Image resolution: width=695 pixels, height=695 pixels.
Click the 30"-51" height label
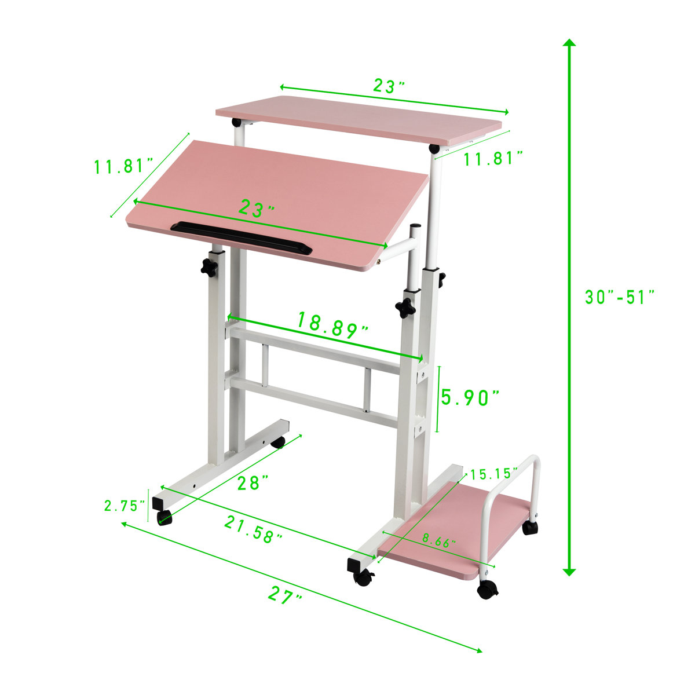[619, 297]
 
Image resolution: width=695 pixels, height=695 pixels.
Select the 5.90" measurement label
[470, 398]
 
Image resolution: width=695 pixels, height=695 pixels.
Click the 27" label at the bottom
[285, 595]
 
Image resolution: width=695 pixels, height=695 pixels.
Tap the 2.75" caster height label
[124, 506]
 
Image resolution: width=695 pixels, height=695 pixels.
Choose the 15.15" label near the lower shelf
[493, 474]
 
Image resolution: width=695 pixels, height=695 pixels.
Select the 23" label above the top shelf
[388, 86]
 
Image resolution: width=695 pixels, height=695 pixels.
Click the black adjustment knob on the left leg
[209, 268]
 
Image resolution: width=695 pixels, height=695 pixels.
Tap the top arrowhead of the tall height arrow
[569, 43]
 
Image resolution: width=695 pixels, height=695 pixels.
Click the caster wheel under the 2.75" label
[164, 518]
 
